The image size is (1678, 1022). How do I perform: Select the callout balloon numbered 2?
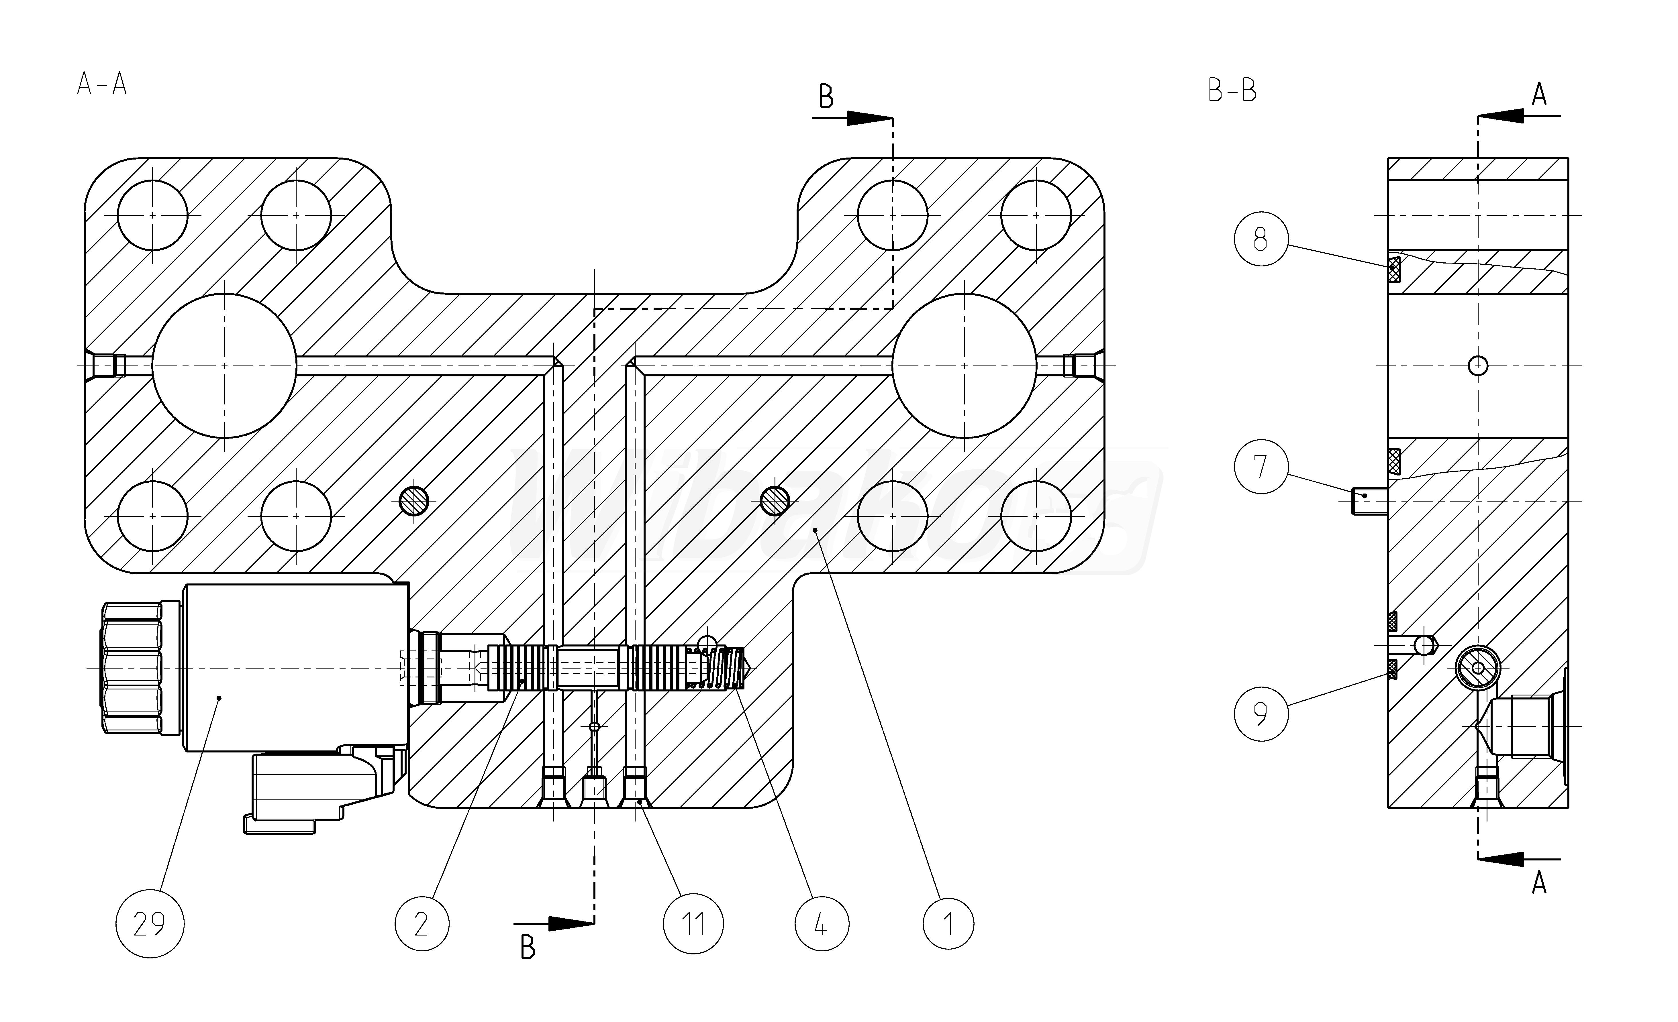(x=422, y=924)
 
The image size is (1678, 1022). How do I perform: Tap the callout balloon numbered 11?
(x=693, y=924)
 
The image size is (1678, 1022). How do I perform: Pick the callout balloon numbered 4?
(x=821, y=924)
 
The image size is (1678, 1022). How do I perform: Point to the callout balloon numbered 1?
(x=949, y=924)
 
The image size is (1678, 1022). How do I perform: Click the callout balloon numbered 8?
(x=1261, y=239)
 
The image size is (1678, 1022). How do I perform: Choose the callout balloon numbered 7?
(x=1261, y=467)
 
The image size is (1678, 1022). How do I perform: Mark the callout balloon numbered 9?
(x=1261, y=714)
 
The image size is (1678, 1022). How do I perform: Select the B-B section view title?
(x=1231, y=91)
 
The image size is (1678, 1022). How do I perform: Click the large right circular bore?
(x=964, y=365)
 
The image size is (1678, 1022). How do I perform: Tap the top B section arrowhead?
(x=868, y=118)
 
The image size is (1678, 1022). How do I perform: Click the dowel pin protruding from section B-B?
(x=1369, y=502)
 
